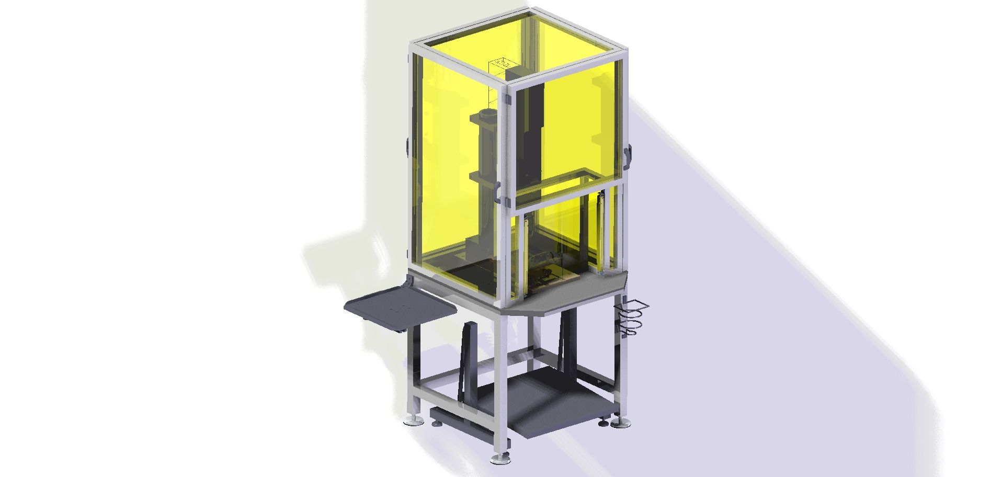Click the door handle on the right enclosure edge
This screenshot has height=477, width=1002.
click(x=628, y=156)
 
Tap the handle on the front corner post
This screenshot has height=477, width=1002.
click(x=498, y=193)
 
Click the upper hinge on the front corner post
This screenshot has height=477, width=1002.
click(x=506, y=99)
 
